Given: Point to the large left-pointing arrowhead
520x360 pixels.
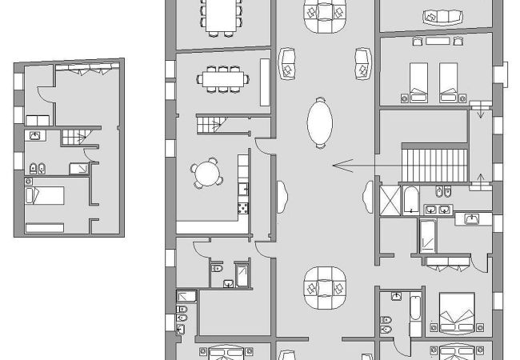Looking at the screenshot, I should point(342,166).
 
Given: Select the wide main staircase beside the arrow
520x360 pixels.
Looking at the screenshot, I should point(433,163).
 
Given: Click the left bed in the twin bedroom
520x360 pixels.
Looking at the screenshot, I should point(419,81).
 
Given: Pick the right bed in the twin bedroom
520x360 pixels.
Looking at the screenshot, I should point(448,81).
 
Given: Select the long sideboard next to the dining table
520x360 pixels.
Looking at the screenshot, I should point(265,82).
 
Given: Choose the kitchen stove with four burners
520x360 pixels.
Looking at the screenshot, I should point(243,208).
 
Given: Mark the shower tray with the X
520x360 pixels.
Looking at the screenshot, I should point(390,199).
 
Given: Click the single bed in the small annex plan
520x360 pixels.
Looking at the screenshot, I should point(45,195).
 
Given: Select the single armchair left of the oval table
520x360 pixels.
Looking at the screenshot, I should point(286,63).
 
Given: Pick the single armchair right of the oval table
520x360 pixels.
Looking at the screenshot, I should point(362,63).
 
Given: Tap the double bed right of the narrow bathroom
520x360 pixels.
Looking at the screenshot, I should point(457,310).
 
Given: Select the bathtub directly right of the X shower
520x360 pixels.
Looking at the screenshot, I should point(410,199).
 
